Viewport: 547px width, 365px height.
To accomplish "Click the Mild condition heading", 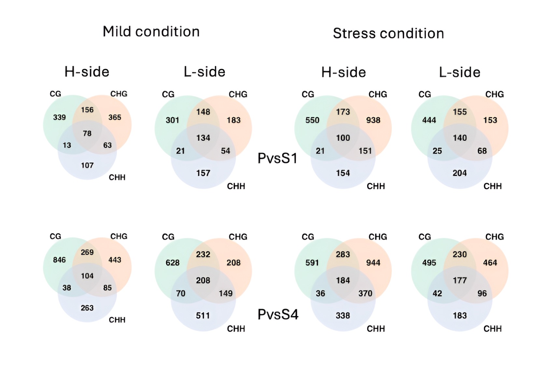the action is click(x=151, y=32).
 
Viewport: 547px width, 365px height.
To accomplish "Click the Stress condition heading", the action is click(x=388, y=33).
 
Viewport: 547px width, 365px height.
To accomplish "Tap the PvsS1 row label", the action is click(x=278, y=158).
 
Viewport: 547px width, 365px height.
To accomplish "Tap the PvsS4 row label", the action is click(x=278, y=314).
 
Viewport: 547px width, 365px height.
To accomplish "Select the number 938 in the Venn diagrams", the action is click(x=373, y=120).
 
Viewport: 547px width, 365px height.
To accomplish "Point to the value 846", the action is click(x=59, y=260).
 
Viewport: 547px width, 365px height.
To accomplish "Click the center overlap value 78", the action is click(x=87, y=133).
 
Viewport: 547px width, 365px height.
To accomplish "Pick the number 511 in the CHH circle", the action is click(x=203, y=316).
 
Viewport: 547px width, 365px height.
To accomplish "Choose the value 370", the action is click(x=365, y=293).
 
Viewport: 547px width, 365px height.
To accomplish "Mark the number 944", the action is click(x=373, y=263).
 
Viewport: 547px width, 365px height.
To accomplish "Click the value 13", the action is click(x=67, y=145).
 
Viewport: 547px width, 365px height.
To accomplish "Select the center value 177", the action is click(x=460, y=281).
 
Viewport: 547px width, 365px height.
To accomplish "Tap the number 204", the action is click(x=460, y=173).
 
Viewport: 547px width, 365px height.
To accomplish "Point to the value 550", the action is click(x=312, y=120).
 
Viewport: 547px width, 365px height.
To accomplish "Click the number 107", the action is click(x=87, y=165).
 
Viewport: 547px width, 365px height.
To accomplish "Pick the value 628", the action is click(x=173, y=263).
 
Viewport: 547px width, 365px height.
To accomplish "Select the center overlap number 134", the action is click(x=203, y=138).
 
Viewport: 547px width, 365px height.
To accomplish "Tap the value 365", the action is click(x=115, y=117).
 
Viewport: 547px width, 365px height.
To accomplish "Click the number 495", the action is click(x=429, y=263).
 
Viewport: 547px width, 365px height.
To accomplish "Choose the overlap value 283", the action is click(x=343, y=254).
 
